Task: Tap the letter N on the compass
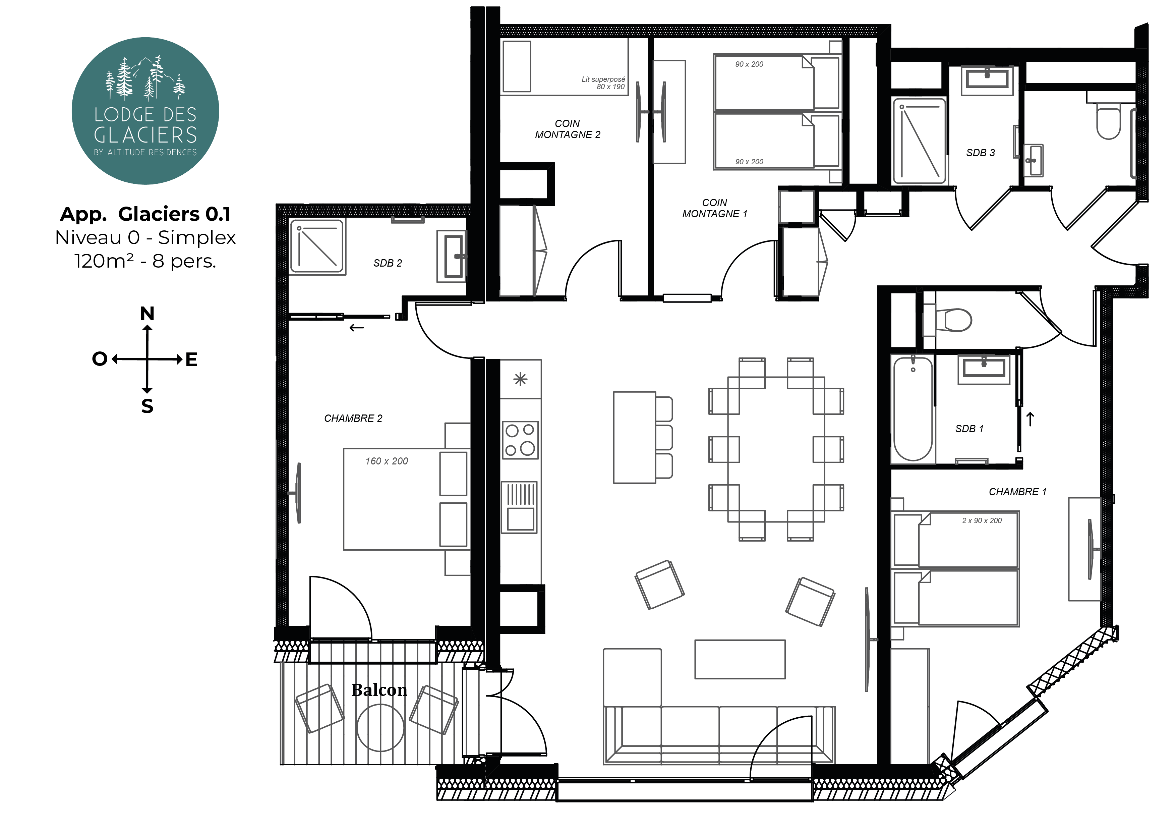click(148, 314)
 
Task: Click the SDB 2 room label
click(388, 263)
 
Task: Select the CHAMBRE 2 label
click(353, 419)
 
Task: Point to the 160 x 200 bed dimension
click(387, 461)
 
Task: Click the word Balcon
click(379, 690)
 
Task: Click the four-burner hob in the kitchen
click(520, 440)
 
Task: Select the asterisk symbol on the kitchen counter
click(520, 379)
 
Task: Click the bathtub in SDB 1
click(913, 409)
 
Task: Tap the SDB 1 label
click(969, 429)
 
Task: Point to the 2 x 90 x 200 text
click(982, 520)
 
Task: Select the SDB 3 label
click(980, 153)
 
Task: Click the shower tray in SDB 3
click(920, 141)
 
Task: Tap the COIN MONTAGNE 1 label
click(714, 209)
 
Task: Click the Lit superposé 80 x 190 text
click(603, 83)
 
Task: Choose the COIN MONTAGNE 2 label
click(568, 129)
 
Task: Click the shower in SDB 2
click(317, 246)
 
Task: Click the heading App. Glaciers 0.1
click(145, 214)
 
